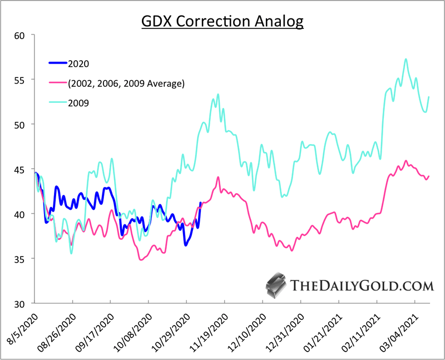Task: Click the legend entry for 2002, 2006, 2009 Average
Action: (x=125, y=83)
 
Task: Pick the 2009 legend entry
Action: (x=78, y=103)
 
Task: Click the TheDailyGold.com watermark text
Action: (x=362, y=286)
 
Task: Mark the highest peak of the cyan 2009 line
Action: (x=406, y=59)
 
